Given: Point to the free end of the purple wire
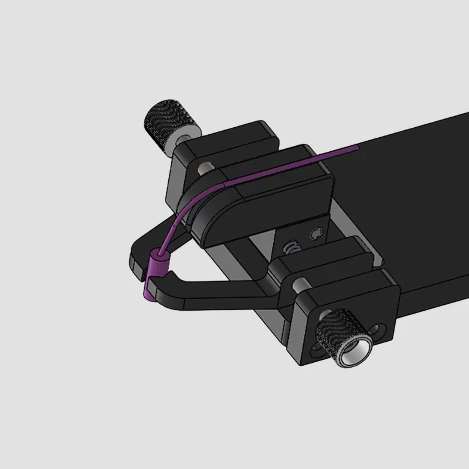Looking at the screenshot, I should pyautogui.click(x=356, y=148).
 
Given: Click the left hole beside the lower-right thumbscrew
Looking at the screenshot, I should pyautogui.click(x=319, y=346).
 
